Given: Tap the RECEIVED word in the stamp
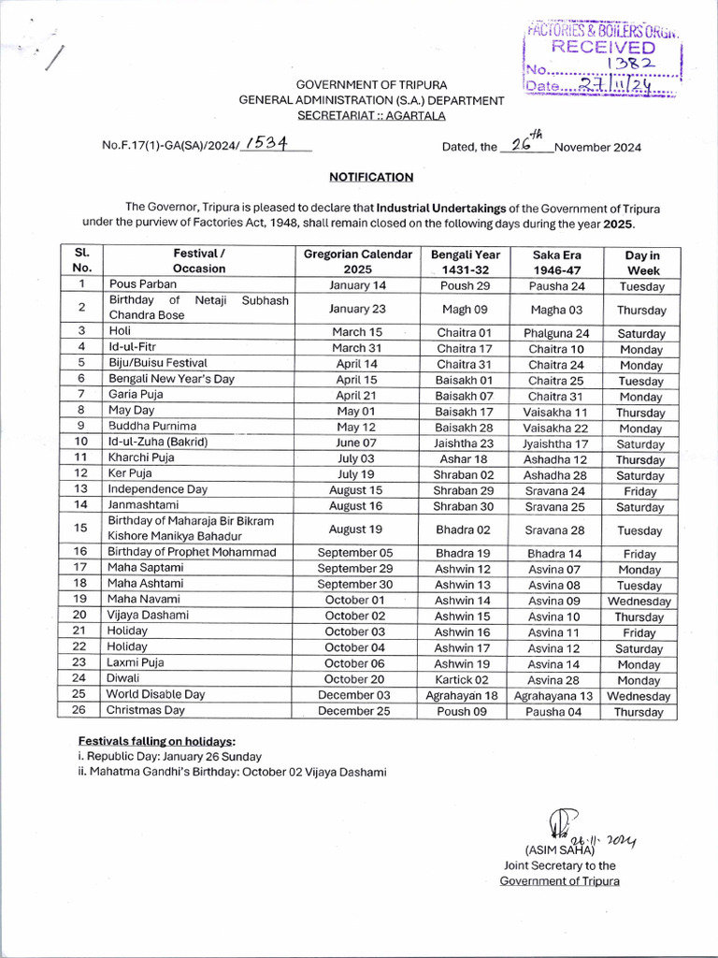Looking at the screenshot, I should (603, 48).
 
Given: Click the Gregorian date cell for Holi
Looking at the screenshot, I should (357, 332).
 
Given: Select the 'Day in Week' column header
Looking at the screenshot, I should (641, 261).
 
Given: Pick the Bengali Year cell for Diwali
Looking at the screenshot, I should (462, 680).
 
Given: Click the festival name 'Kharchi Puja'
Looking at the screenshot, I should (142, 458).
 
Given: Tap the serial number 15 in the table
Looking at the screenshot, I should (81, 528).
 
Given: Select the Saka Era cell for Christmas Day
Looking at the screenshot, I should (555, 711).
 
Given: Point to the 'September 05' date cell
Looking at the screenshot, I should (355, 553).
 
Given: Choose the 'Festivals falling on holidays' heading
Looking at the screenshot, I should (157, 740).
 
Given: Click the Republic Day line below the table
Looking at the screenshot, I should (170, 756).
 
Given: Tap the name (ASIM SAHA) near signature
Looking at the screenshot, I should (559, 850).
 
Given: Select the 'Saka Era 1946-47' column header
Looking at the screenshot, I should (555, 261).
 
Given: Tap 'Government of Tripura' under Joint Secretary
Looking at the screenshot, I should (559, 881).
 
